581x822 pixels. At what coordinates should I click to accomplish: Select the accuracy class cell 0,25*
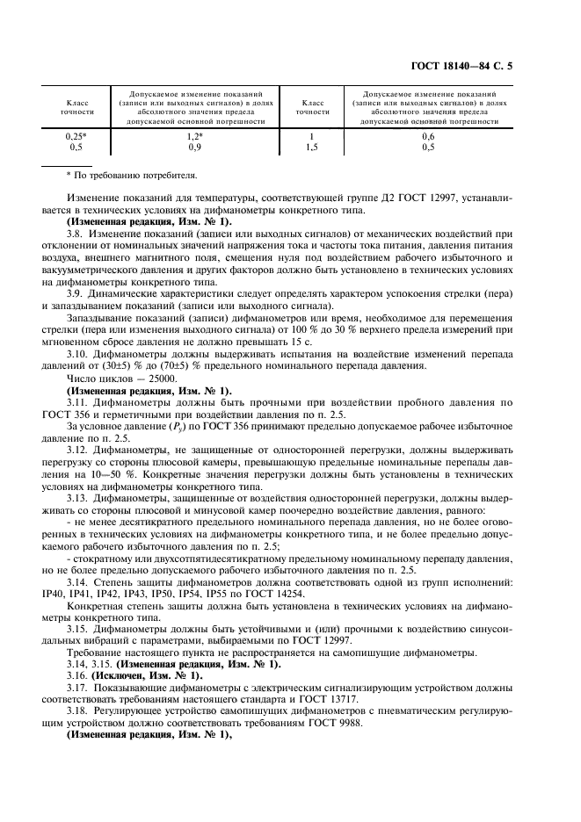point(80,137)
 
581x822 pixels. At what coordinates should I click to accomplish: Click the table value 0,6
point(428,137)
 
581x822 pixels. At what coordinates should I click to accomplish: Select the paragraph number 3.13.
point(78,497)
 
